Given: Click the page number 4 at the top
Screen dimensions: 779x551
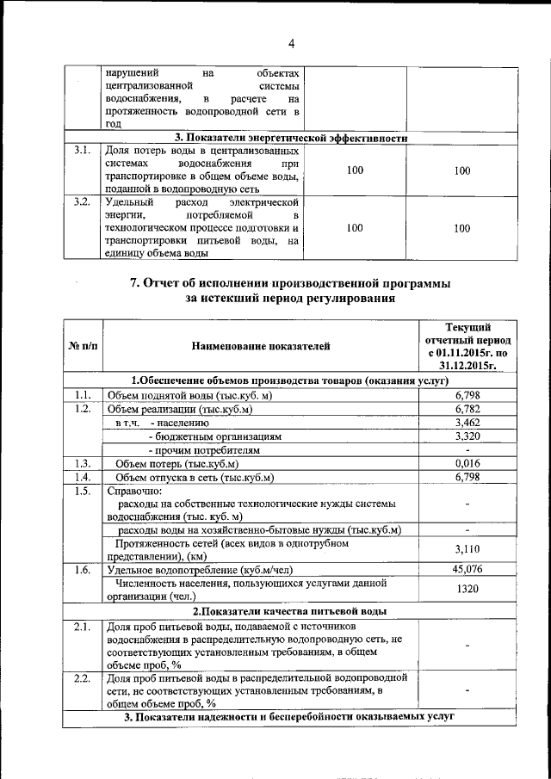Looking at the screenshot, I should pos(291,44).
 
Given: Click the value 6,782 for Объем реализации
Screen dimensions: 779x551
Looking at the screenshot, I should pos(466,409).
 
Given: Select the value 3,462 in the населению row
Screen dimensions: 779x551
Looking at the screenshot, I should pos(466,423).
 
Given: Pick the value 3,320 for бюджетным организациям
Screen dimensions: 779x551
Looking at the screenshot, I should pos(466,436).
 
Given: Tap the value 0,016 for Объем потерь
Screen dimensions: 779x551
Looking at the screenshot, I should pos(466,464).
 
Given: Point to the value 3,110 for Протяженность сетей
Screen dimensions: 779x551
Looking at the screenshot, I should pos(466,548).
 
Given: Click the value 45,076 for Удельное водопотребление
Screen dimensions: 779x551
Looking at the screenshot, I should pos(466,569).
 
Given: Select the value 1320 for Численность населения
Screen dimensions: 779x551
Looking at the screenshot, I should pos(466,589).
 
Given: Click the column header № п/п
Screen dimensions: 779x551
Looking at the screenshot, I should pos(83,346).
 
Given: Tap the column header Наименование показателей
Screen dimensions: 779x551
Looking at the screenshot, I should pos(261,346).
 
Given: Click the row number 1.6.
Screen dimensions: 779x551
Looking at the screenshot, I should pos(83,569).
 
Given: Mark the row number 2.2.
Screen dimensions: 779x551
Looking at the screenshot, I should pos(83,678).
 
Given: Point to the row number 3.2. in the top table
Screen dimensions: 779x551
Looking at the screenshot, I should pos(83,202).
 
